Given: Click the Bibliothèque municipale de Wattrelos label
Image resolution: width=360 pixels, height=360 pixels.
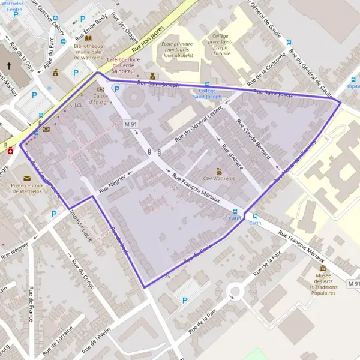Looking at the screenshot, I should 88,51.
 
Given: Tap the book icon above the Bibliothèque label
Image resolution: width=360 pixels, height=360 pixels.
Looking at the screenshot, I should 88,35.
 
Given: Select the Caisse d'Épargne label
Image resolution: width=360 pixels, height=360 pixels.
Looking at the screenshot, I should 100,99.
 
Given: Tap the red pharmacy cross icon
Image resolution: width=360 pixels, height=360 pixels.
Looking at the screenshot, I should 10,151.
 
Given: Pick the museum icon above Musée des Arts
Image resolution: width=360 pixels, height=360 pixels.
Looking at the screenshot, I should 323,268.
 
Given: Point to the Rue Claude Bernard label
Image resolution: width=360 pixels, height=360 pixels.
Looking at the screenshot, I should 253,139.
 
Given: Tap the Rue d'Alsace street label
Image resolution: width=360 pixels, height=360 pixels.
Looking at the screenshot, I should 232,156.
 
